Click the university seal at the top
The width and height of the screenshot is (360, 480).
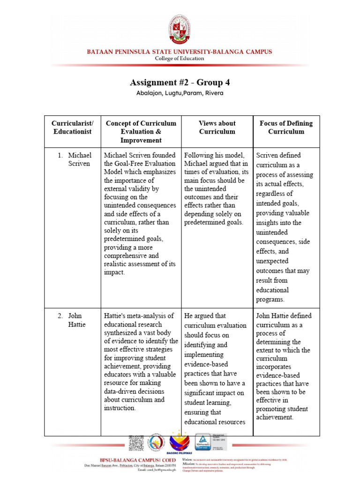tap(180, 30)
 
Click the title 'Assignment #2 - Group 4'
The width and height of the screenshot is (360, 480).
tap(180, 83)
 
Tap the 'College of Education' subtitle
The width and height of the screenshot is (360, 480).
tap(180, 59)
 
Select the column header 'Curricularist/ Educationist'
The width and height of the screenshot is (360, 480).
tap(73, 127)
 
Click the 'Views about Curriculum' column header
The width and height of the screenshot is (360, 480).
tap(217, 127)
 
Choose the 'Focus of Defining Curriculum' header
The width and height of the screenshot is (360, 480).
tap(286, 127)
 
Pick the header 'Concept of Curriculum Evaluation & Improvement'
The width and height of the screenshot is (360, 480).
tap(141, 132)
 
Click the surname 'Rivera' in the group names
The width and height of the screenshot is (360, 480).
tap(214, 93)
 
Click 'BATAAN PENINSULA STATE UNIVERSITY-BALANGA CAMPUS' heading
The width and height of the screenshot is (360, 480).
tap(180, 52)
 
